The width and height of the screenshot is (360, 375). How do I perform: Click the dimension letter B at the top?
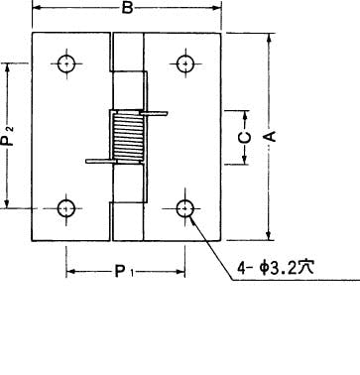127,8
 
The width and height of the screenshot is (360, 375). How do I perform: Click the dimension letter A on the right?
271,136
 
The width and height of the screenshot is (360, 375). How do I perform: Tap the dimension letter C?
245,138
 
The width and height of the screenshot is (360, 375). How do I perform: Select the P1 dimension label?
124,272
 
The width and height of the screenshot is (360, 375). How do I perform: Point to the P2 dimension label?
7,135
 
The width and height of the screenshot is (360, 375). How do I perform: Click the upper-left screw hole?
66,63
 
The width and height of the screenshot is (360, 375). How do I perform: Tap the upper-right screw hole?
185,63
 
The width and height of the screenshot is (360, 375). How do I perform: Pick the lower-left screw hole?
66,208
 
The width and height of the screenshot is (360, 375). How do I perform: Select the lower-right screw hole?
185,208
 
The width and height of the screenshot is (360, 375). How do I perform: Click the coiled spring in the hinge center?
129,138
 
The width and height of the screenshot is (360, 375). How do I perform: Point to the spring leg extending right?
154,114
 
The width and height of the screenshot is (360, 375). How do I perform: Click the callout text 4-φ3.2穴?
276,268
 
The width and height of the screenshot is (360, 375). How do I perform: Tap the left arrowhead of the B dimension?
37,8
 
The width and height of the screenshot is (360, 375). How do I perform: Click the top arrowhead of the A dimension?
270,38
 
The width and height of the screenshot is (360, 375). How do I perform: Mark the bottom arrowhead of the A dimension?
270,236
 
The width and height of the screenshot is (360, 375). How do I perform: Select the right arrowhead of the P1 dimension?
180,272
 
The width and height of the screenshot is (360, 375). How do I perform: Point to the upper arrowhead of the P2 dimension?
8,67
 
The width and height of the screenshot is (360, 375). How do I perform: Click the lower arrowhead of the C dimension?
245,160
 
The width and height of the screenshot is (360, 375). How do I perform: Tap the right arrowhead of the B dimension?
216,8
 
